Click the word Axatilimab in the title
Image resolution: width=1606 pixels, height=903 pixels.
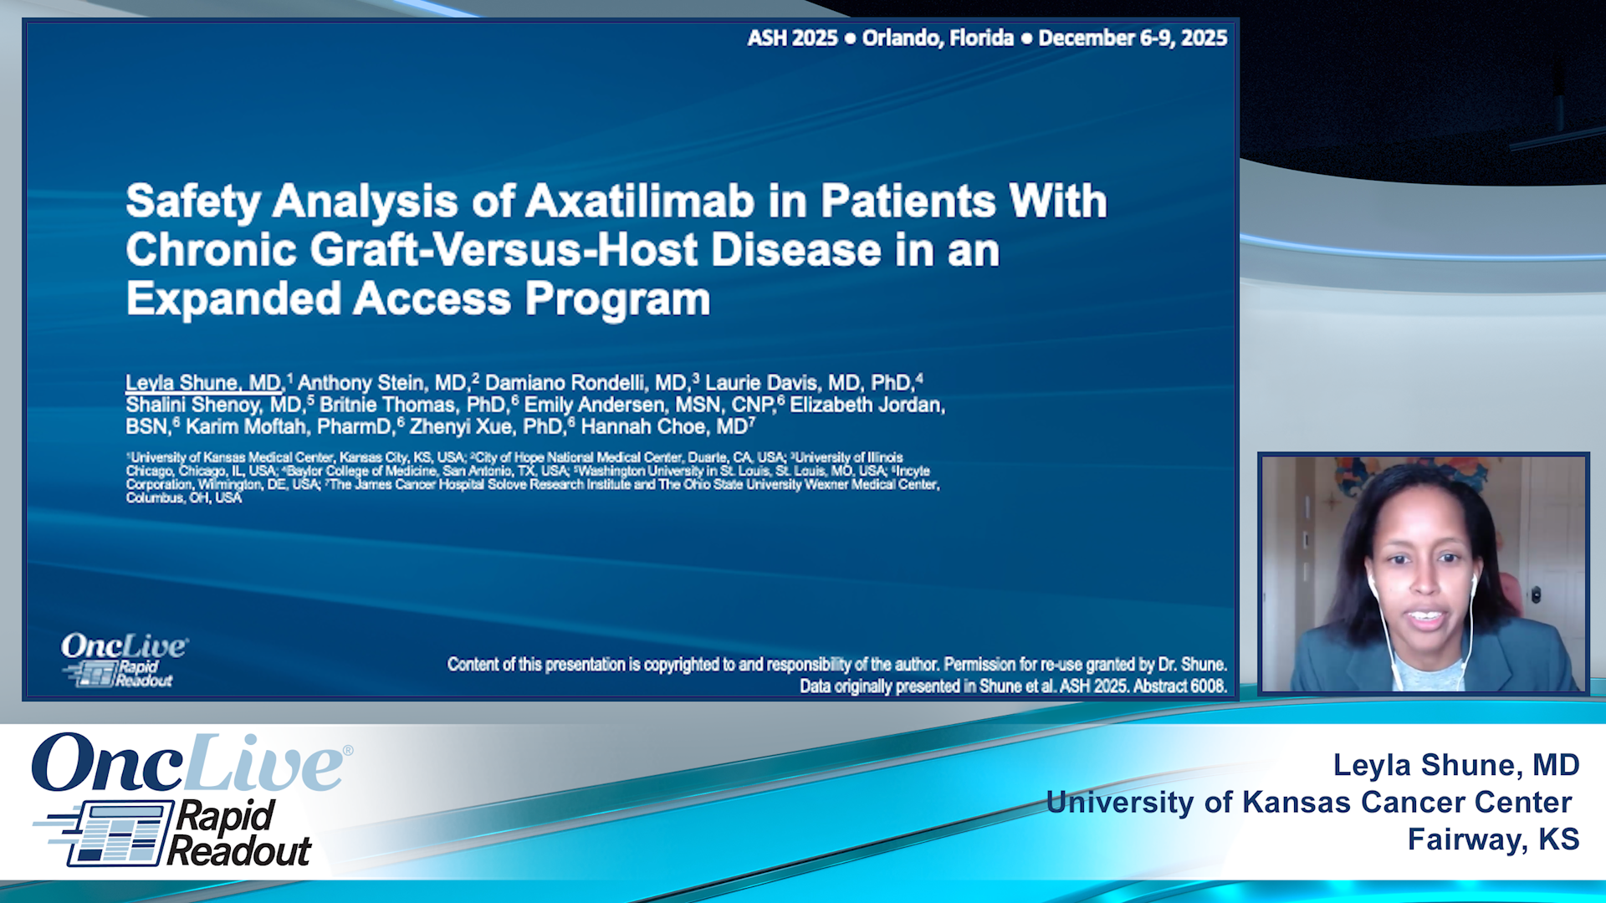click(640, 202)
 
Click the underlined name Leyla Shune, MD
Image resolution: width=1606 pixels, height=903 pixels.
click(203, 383)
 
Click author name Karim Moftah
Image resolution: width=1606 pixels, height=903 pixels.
click(246, 427)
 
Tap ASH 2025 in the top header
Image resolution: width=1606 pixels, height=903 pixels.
click(791, 38)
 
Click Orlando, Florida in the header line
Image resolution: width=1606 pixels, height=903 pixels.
click(937, 38)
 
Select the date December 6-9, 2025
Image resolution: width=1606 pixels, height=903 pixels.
click(1133, 38)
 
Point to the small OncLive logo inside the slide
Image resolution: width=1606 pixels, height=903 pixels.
click(124, 659)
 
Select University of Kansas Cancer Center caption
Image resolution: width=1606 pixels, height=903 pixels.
click(1309, 803)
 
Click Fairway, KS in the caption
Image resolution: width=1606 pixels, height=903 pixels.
click(1493, 839)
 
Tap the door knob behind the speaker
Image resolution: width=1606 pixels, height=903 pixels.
click(1536, 595)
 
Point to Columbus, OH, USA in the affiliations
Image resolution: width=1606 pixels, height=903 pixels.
click(184, 498)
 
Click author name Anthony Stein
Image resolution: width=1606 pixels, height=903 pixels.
click(381, 383)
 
